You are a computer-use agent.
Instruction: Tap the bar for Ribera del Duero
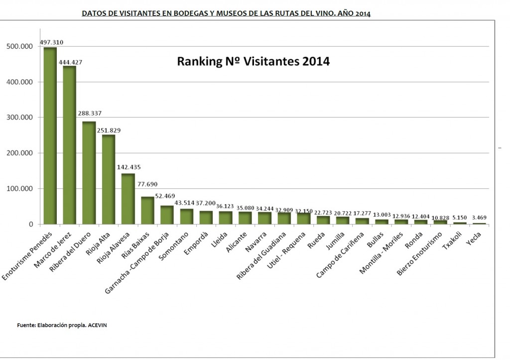pos(89,173)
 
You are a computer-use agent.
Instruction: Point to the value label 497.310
pos(51,42)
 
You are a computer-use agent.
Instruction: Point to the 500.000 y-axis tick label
pos(19,46)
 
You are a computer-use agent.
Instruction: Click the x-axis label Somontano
pos(178,242)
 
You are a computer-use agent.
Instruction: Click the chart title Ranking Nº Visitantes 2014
pos(254,62)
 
